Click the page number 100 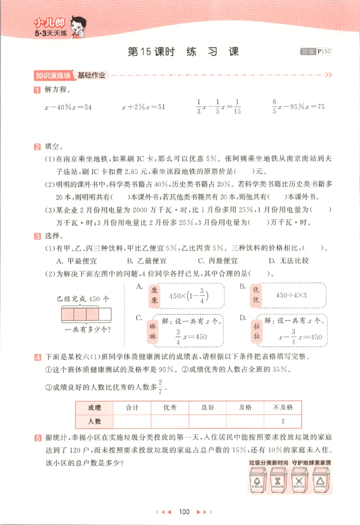pyautogui.click(x=184, y=511)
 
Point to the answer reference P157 pyautogui.click(x=324, y=52)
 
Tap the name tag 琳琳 pyautogui.click(x=153, y=331)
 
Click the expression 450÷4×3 pyautogui.click(x=291, y=295)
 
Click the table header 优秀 pyautogui.click(x=170, y=407)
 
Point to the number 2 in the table pyautogui.click(x=283, y=421)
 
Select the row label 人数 pyautogui.click(x=94, y=421)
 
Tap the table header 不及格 pyautogui.click(x=283, y=407)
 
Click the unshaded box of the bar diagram pyautogui.click(x=104, y=313)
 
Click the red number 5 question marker pyautogui.click(x=37, y=438)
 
